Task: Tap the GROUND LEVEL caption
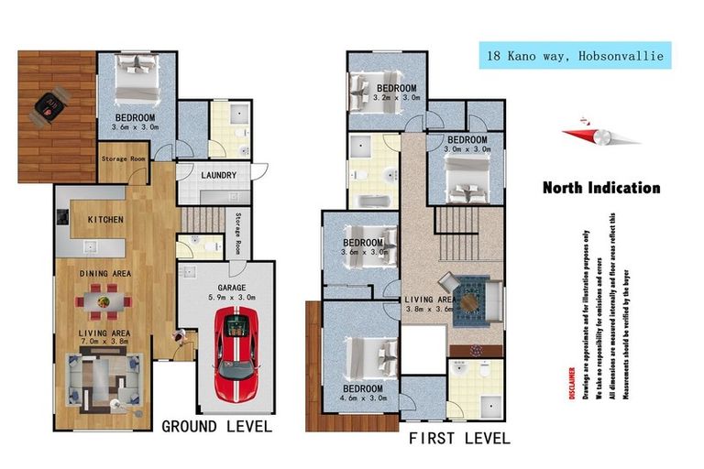pyautogui.click(x=216, y=426)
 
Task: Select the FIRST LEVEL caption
pyautogui.click(x=459, y=439)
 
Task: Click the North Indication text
pyautogui.click(x=600, y=188)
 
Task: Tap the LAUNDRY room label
pyautogui.click(x=218, y=175)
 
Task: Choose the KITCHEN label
pyautogui.click(x=105, y=220)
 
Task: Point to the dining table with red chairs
pyautogui.click(x=103, y=298)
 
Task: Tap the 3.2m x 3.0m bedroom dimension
pyautogui.click(x=398, y=96)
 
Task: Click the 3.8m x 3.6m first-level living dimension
pyautogui.click(x=432, y=309)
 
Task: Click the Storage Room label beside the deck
pyautogui.click(x=122, y=157)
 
